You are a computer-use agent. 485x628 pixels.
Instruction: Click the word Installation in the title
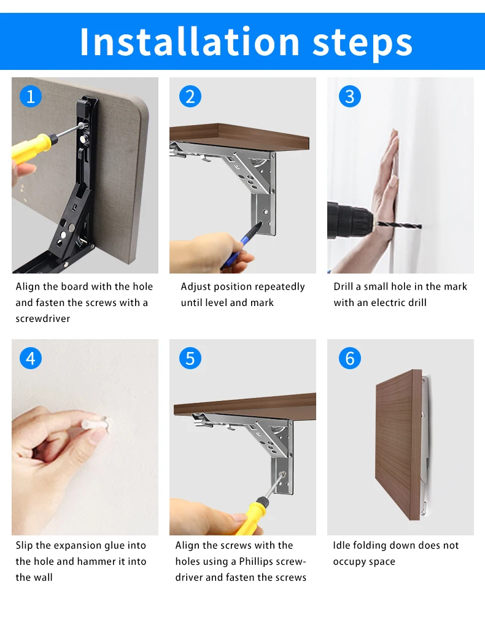pyautogui.click(x=190, y=42)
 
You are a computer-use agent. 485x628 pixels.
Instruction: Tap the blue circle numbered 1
pyautogui.click(x=31, y=96)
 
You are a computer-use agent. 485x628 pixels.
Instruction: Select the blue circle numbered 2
pyautogui.click(x=190, y=96)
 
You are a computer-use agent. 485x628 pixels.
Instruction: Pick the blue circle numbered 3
pyautogui.click(x=349, y=96)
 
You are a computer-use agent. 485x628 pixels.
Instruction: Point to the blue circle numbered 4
pyautogui.click(x=31, y=358)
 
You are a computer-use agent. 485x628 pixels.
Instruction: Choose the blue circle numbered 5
pyautogui.click(x=190, y=358)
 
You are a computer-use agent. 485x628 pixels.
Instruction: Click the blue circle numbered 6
pyautogui.click(x=349, y=358)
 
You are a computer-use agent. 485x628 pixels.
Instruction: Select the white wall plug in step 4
pyautogui.click(x=96, y=423)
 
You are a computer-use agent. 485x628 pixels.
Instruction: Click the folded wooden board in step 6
pyautogui.click(x=399, y=445)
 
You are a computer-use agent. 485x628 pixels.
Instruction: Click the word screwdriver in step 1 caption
pyautogui.click(x=43, y=319)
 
